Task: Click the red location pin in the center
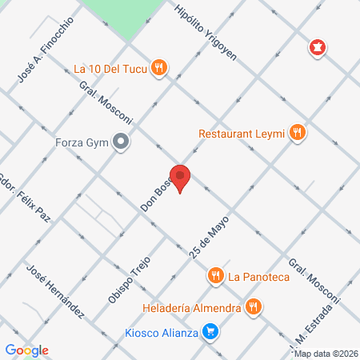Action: coord(182,177)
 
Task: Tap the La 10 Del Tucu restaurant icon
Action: coord(160,68)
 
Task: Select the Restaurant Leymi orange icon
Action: coord(298,133)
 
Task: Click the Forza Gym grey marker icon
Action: coord(121,143)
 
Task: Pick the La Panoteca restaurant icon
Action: coord(215,277)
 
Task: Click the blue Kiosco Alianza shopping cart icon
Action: coord(210,330)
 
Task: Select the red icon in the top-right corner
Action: coord(319,48)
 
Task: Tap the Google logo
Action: coord(26,350)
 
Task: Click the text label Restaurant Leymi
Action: coord(242,134)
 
